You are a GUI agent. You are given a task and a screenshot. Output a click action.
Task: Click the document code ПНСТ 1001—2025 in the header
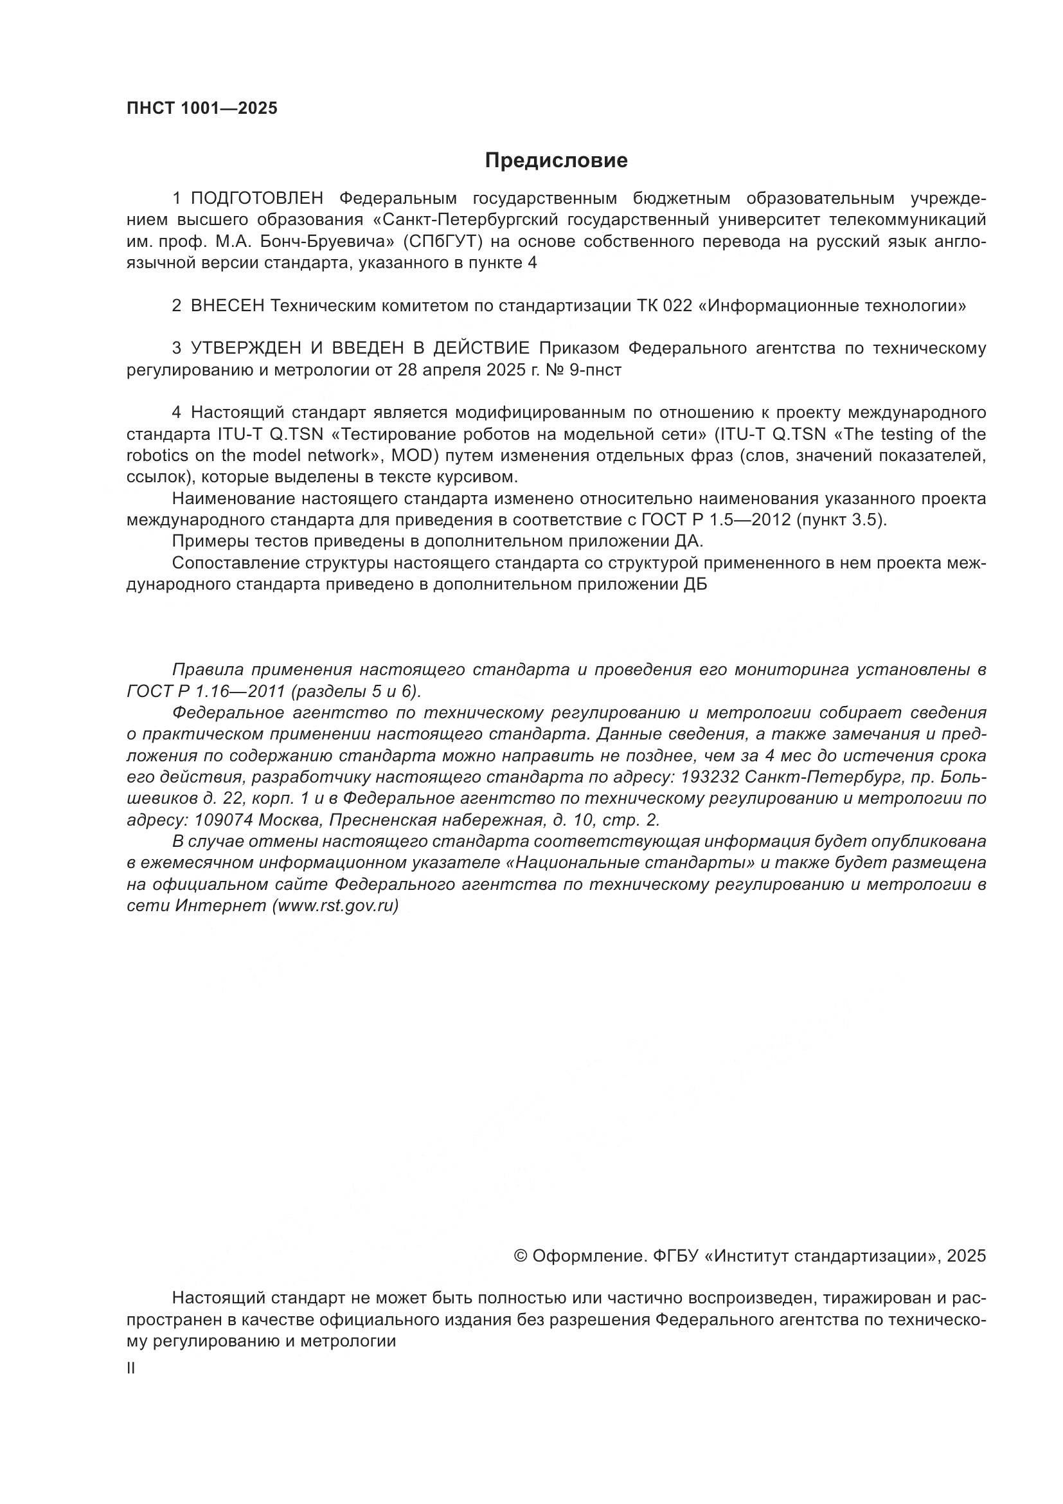pos(202,109)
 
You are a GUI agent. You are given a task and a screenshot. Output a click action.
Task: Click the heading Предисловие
pos(556,161)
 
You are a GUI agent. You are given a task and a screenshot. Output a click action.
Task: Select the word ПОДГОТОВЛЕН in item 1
pos(257,199)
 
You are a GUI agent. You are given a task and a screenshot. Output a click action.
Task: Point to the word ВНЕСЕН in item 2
pos(227,306)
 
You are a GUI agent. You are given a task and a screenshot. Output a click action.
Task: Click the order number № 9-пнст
pos(587,370)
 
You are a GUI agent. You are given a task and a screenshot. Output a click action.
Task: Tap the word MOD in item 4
pos(410,456)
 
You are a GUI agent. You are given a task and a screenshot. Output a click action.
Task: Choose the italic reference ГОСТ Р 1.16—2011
pos(206,692)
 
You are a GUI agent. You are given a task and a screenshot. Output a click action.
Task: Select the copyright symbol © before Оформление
pos(521,1256)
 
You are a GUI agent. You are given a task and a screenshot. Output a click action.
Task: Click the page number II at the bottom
pos(131,1368)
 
